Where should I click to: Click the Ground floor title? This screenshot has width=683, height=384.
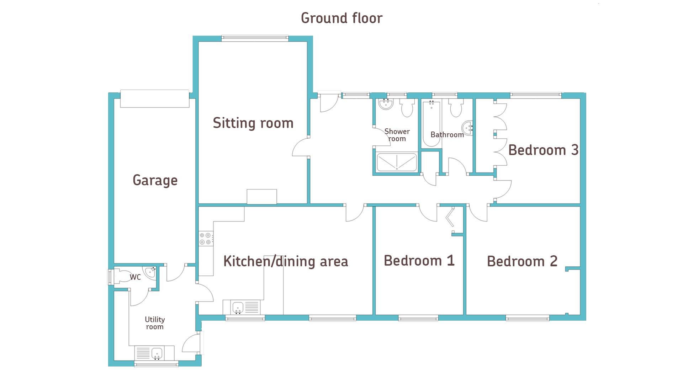coord(341,18)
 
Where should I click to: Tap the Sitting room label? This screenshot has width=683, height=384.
coord(253,123)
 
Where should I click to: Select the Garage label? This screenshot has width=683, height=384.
coord(155,180)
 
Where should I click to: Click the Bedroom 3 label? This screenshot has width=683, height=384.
coord(543,150)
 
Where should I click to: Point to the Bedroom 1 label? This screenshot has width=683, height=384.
coord(419,261)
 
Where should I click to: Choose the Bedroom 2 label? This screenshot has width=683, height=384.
coord(522,261)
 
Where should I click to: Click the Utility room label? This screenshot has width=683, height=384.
coord(155,323)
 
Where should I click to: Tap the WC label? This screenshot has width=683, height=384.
coord(135,277)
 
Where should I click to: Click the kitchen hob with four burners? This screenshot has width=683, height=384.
coord(206,238)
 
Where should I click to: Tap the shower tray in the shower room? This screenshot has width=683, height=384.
coord(397,162)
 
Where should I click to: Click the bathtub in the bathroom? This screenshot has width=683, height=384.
coord(431,124)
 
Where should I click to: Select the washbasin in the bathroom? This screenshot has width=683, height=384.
coord(467,128)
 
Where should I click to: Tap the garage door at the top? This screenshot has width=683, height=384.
coord(155,98)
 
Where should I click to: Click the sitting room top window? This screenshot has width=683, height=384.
coord(255,38)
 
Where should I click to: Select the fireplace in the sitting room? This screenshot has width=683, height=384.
coord(262,197)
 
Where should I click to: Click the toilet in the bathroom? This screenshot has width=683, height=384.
coord(456,108)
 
